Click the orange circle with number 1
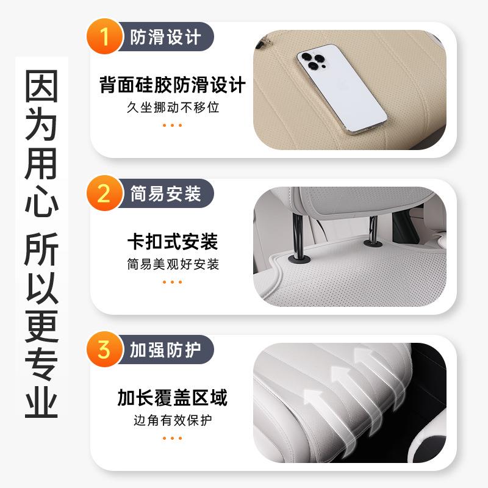[x=104, y=37]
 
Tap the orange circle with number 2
[x=104, y=194]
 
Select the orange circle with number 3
[x=104, y=350]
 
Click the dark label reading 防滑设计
[x=165, y=37]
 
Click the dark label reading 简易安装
[x=165, y=194]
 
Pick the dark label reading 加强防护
[x=165, y=350]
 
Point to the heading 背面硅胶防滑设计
[x=172, y=85]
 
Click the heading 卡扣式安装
[x=172, y=242]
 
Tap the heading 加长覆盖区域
[x=172, y=398]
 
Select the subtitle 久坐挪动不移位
[x=172, y=107]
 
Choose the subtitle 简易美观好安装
[x=172, y=264]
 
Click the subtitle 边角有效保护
[x=172, y=420]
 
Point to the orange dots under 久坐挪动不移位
[x=172, y=125]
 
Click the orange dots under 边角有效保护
[x=172, y=438]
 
